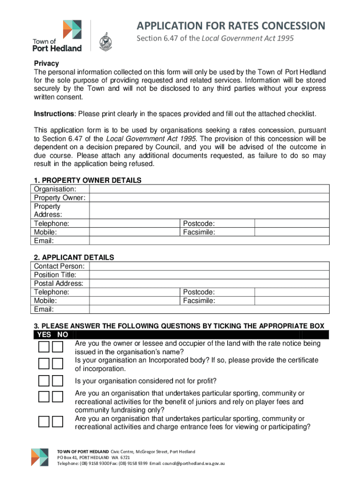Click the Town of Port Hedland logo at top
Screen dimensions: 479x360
58,36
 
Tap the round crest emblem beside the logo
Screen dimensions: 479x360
105,43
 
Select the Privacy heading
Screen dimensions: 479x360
46,64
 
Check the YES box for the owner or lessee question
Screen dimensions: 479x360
44,347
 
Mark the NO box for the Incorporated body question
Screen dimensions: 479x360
58,364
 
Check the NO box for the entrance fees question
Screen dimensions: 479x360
58,421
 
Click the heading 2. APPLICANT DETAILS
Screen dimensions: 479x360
74,257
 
